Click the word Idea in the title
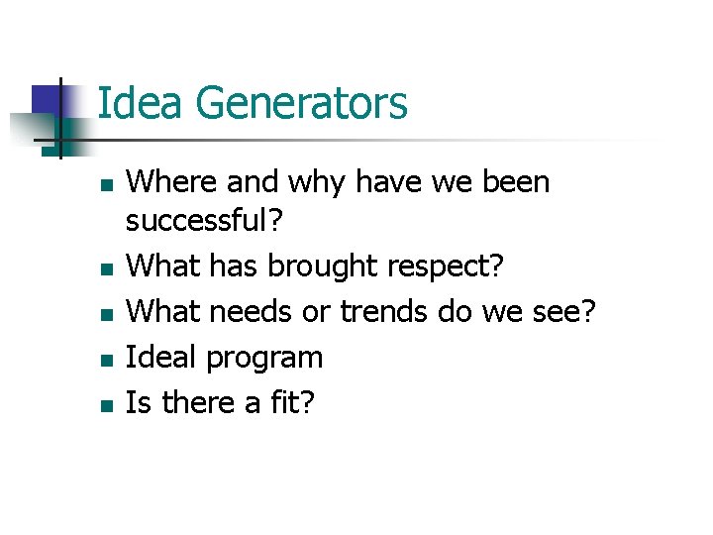coord(139,103)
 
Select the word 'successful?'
coord(204,223)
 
